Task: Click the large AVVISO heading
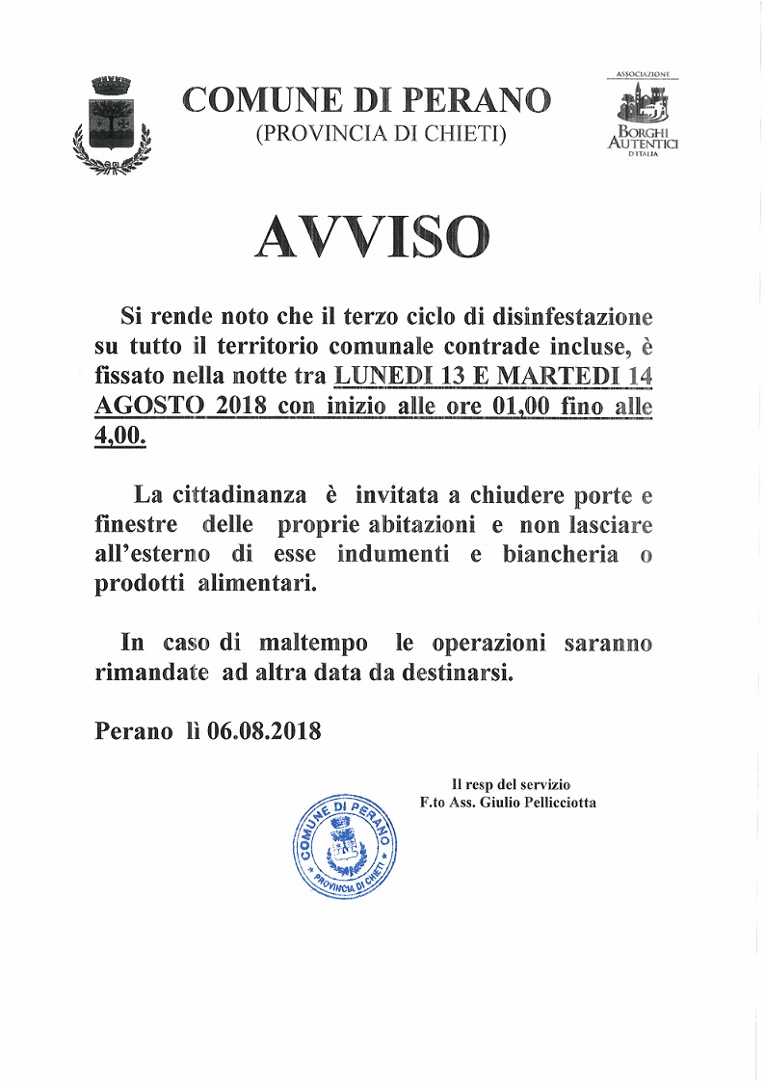[372, 236]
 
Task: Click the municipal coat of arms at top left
[112, 123]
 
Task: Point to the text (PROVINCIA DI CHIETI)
[381, 135]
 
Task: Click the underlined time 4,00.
[120, 435]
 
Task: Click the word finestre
[136, 526]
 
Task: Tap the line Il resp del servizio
[517, 784]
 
